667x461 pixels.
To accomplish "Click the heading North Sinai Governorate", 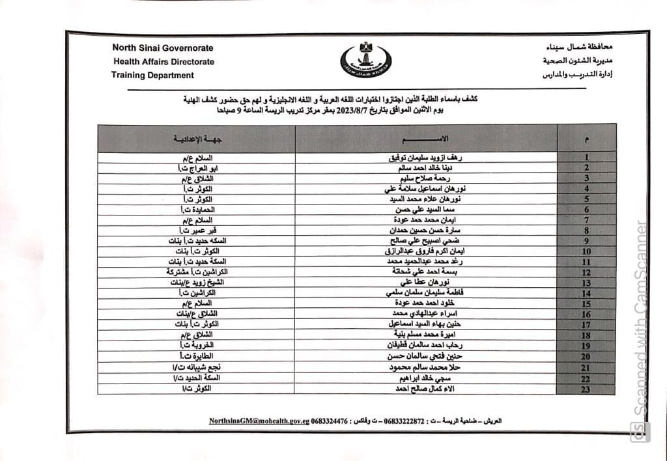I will click(x=162, y=48).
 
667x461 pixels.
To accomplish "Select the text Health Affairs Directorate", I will click(x=163, y=62).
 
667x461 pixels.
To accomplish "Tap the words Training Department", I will click(x=152, y=76).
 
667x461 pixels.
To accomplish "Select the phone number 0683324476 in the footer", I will click(x=331, y=421).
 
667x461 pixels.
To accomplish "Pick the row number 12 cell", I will click(x=586, y=272).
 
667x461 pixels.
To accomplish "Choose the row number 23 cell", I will click(x=586, y=389).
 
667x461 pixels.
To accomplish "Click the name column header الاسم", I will click(x=427, y=139).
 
